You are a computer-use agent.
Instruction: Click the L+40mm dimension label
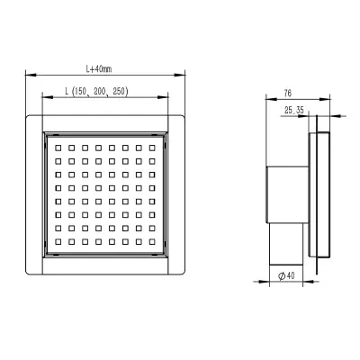click(x=99, y=69)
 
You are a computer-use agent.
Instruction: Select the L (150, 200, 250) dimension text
click(x=97, y=91)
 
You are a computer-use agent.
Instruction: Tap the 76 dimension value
click(x=287, y=94)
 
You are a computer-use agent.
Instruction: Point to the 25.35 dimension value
click(x=294, y=111)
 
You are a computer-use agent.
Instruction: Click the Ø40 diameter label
click(x=286, y=275)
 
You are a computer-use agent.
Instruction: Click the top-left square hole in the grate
click(x=58, y=148)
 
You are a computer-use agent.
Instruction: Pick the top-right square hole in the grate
click(x=152, y=148)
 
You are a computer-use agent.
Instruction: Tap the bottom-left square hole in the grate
click(x=58, y=241)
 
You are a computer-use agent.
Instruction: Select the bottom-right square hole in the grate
click(x=152, y=241)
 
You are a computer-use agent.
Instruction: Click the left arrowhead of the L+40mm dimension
click(x=31, y=75)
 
